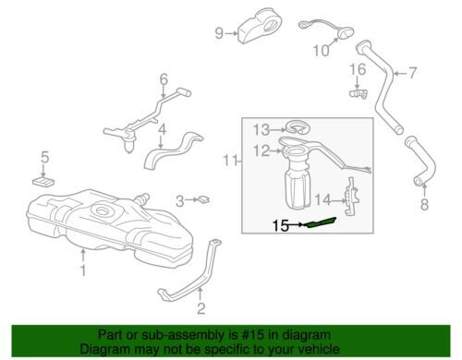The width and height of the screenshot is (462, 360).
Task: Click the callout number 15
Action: (280, 226)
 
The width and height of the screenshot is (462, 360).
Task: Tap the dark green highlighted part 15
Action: (321, 222)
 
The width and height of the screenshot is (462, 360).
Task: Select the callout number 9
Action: (219, 33)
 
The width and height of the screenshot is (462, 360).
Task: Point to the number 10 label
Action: (321, 51)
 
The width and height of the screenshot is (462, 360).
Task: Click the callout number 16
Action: (358, 69)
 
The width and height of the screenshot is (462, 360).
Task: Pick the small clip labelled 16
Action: (359, 92)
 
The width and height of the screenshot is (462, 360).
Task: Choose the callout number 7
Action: (412, 73)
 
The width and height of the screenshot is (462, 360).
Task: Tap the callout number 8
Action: (425, 204)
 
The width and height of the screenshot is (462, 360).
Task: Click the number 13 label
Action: (261, 130)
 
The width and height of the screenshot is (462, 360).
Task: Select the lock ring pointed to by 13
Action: (298, 127)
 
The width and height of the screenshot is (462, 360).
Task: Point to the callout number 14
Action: (322, 200)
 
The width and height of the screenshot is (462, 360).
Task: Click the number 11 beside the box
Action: (230, 161)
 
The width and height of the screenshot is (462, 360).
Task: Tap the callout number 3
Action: (180, 201)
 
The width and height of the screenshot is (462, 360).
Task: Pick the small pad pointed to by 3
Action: (203, 199)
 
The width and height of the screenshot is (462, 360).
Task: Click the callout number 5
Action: (45, 157)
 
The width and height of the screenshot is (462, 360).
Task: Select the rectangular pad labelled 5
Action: (43, 182)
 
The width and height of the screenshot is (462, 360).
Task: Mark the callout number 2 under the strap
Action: (201, 308)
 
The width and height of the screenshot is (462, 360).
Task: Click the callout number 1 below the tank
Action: (83, 270)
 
